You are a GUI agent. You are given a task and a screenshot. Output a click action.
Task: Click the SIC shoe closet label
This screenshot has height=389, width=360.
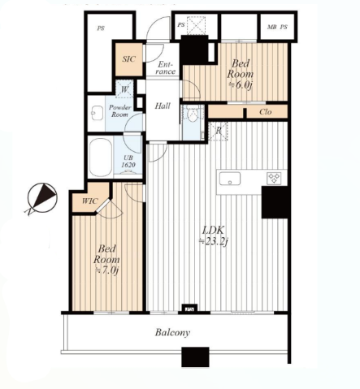point(128,59)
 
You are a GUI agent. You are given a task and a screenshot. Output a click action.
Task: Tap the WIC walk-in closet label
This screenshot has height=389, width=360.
point(89,201)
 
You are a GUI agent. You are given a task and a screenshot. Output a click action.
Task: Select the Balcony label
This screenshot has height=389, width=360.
point(172,332)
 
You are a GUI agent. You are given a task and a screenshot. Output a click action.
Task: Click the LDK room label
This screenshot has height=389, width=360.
point(214,230)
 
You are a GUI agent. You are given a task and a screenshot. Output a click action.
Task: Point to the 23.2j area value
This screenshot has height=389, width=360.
point(213,241)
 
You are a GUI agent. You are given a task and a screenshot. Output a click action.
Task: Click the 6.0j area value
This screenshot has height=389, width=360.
point(241,85)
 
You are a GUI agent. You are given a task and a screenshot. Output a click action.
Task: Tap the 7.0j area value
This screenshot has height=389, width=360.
point(106,270)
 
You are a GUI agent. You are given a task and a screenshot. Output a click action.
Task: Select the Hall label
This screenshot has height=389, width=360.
point(163,106)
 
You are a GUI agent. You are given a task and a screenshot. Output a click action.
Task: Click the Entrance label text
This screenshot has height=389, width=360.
point(166,68)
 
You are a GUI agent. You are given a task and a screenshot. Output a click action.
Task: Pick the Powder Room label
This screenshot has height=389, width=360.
point(119,110)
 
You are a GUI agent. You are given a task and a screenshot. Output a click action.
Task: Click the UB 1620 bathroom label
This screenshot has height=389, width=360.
point(128,161)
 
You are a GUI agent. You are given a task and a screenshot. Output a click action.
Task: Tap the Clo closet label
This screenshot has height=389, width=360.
point(265,112)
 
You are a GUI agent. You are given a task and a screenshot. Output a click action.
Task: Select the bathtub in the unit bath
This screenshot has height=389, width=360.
point(101,158)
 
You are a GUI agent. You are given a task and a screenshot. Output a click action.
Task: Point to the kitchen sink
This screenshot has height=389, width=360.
point(230,179)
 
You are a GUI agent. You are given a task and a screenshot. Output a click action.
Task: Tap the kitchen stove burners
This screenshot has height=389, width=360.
point(274,178)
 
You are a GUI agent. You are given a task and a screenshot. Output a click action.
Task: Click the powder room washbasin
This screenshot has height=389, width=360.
point(97,113)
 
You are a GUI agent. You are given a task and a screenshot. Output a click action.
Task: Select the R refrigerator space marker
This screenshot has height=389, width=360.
point(219,131)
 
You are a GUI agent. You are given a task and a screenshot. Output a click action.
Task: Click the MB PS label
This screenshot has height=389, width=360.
point(277,27)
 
